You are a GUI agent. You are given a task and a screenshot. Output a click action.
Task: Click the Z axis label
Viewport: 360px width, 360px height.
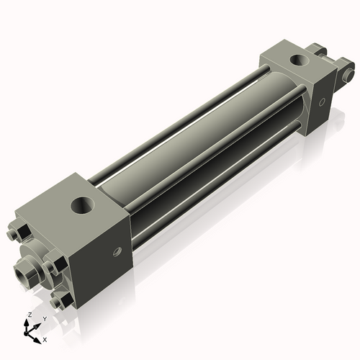tap(28, 315)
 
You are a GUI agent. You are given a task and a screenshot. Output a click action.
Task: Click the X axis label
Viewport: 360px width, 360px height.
tap(45, 338)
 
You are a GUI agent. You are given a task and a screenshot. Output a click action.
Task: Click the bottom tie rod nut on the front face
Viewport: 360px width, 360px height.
tap(62, 297)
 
